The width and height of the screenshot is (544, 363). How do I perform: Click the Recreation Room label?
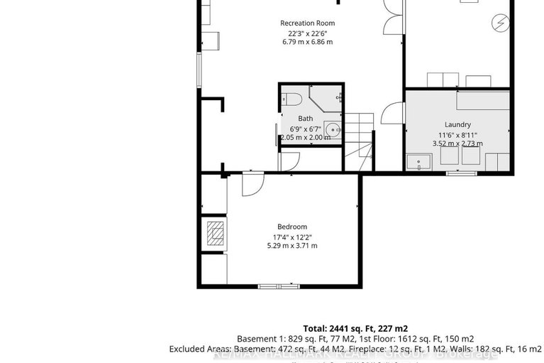click(307, 23)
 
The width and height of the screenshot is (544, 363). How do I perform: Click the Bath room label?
click(305, 119)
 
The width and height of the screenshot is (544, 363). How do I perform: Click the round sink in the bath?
click(332, 129)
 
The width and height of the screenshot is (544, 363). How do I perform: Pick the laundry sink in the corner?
click(418, 163)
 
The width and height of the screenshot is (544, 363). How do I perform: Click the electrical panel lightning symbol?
click(501, 23)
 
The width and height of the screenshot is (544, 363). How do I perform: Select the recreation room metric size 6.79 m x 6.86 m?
click(306, 42)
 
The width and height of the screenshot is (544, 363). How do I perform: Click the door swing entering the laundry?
click(389, 112)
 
